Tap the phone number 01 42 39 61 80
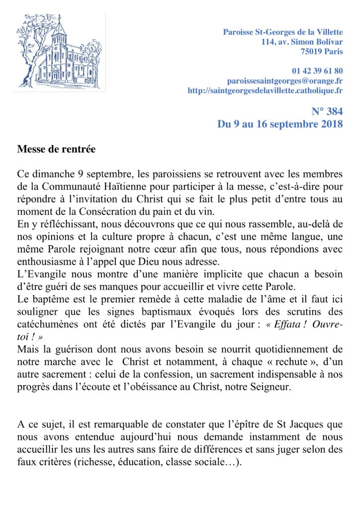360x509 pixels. pyautogui.click(x=313, y=71)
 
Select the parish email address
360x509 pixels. pyautogui.click(x=285, y=81)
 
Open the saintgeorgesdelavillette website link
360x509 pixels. pyautogui.click(x=265, y=90)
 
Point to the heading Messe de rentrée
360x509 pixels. pyautogui.click(x=56, y=149)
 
